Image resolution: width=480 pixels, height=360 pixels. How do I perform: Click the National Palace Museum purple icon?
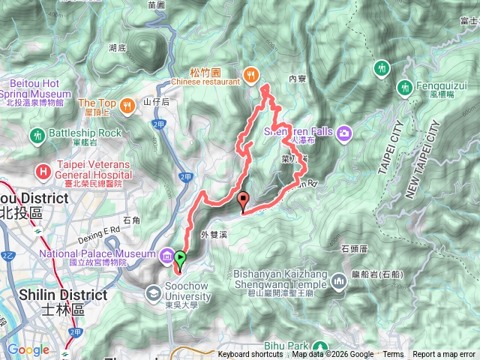tap(166, 255)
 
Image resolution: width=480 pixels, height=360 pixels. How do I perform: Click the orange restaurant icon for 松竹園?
tap(250, 73)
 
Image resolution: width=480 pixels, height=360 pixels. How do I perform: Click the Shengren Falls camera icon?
tap(344, 133)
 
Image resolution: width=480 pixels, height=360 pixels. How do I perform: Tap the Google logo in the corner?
tap(28, 349)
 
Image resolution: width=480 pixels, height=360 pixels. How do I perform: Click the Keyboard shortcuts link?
tap(250, 355)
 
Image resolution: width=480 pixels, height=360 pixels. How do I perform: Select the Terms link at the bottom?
tap(393, 355)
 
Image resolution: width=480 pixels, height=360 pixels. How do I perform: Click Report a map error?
tap(445, 355)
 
